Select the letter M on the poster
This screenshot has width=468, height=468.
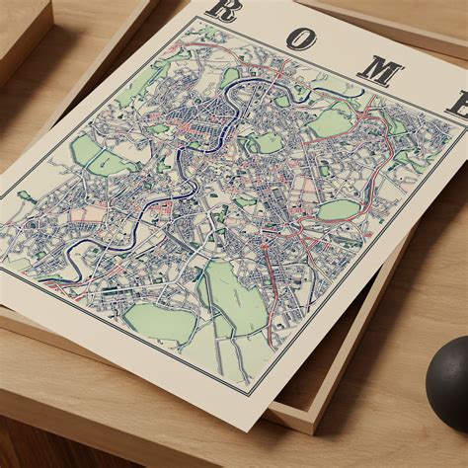379,70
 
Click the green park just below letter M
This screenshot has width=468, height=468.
331,121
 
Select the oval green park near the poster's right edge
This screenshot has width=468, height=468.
339,209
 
